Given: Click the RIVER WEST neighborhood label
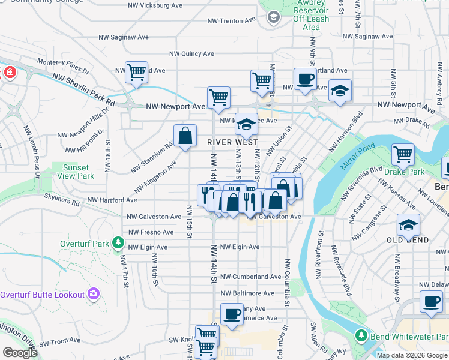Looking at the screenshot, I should [232, 142].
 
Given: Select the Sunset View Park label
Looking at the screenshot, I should [76, 172].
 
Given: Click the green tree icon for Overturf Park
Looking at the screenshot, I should [119, 244].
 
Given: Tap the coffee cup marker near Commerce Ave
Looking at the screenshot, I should [232, 314].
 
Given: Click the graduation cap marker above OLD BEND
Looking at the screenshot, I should [408, 226].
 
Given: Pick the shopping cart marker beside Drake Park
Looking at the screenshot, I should [403, 154].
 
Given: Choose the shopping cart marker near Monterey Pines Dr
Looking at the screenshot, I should [137, 72].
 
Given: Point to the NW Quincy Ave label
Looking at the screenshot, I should [192, 53].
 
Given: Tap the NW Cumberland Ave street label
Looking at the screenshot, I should [250, 277].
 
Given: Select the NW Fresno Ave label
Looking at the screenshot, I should [150, 232].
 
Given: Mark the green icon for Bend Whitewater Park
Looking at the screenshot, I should [360, 335].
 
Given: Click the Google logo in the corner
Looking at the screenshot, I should [20, 353].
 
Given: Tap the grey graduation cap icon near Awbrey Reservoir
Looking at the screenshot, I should [274, 17].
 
